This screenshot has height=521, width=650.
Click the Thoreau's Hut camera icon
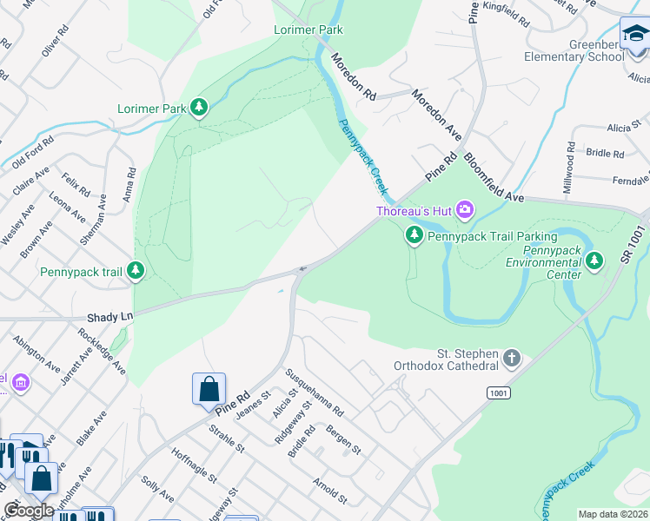click(465, 209)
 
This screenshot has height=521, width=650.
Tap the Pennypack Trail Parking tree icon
click(415, 234)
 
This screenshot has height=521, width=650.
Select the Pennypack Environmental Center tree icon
click(594, 260)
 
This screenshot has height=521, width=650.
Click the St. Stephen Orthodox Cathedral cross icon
click(513, 357)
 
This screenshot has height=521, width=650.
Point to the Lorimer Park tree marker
click(201, 108)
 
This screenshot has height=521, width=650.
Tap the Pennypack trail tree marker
click(136, 271)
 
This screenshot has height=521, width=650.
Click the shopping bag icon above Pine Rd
click(209, 389)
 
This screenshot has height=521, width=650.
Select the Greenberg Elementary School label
click(574, 50)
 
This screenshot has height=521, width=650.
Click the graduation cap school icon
click(634, 36)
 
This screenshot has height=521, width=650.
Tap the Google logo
click(29, 511)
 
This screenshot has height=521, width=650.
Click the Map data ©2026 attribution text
click(612, 514)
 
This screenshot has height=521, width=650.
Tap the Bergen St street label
click(343, 439)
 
